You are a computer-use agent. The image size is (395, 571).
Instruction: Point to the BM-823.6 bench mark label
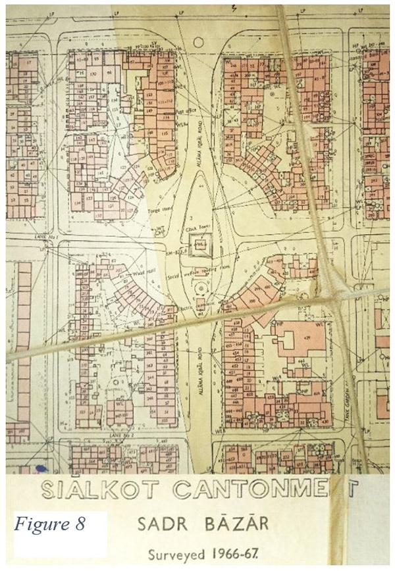point(179,251)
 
